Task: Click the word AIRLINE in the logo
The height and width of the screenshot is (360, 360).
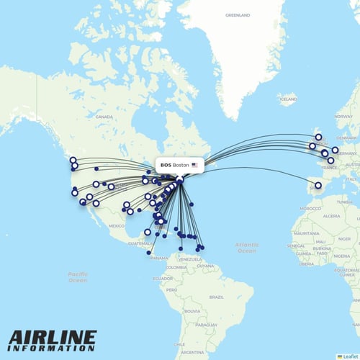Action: [53, 337]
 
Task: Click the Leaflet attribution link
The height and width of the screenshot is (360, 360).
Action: [350, 356]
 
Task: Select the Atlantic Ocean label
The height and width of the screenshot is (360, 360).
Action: [246, 248]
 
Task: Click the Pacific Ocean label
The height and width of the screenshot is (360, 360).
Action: [78, 276]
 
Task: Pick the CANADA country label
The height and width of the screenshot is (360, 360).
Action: [105, 116]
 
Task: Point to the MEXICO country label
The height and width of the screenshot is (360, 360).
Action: [117, 225]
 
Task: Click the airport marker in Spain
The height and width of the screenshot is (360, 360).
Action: [318, 185]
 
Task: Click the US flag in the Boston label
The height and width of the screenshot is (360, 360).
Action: [194, 165]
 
